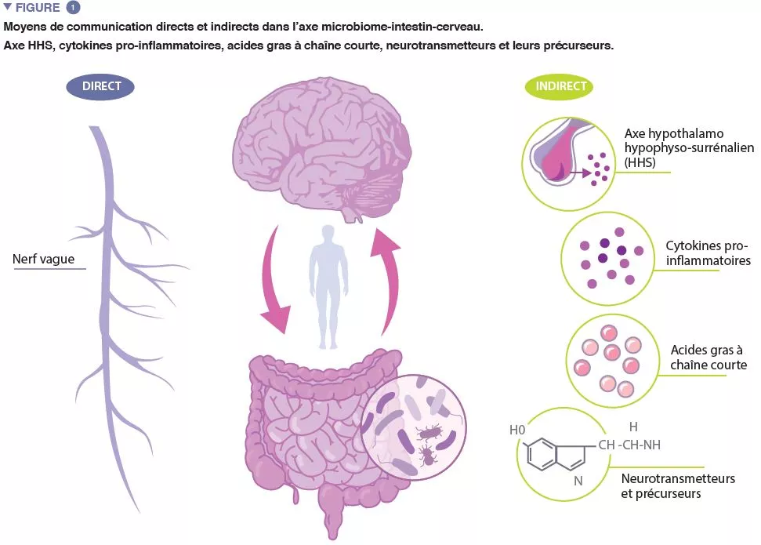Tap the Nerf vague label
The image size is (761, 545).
click(x=45, y=260)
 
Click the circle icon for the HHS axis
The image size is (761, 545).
click(x=570, y=154)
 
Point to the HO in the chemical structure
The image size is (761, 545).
click(x=517, y=430)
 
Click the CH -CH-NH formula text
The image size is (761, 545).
click(x=629, y=445)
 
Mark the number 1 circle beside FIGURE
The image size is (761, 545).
click(x=73, y=8)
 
